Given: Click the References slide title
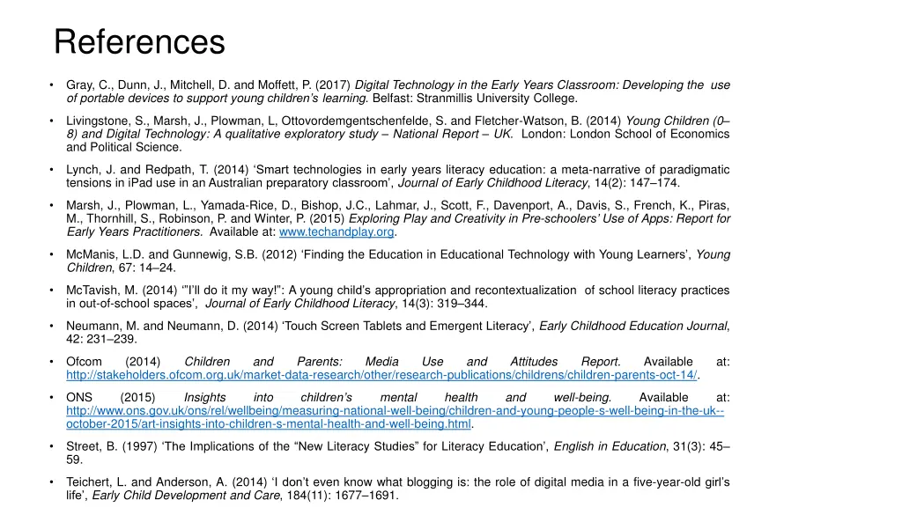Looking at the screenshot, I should coord(139,41).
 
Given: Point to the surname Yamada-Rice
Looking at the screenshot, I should coord(233,205).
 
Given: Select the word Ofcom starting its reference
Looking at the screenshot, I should coord(85,362).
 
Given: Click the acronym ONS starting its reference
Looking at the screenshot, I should coord(79,397).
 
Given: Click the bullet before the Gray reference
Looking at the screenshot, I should coord(54,85).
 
